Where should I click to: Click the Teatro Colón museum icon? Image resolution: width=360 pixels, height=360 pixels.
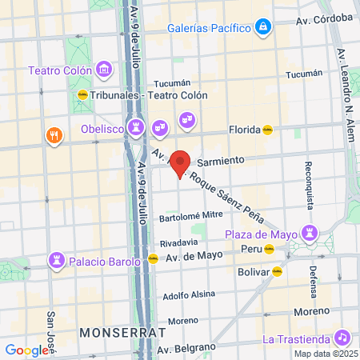coord(103,70)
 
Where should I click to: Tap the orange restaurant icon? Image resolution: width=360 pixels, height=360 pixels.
coord(54,134)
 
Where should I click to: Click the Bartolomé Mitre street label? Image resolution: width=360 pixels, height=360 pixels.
coord(191,215)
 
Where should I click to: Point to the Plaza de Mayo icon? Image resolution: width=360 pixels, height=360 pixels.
coord(308,234)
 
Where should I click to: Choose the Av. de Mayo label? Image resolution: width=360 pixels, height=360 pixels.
coord(194,257)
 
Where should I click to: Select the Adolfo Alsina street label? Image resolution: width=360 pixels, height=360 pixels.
coord(190,294)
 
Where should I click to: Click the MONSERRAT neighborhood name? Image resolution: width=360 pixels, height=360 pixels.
coord(122,331)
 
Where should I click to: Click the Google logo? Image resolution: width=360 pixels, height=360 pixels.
coord(26,350)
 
